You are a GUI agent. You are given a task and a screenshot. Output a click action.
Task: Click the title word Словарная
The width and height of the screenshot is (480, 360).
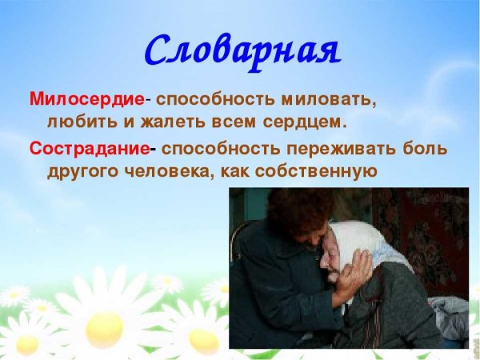[242, 50]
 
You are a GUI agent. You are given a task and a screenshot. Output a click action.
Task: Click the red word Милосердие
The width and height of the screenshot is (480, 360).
[86, 101]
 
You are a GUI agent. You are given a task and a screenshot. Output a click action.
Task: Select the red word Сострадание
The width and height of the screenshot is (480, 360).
[89, 149]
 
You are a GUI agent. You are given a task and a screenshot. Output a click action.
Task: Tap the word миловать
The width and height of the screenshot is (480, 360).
[326, 101]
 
